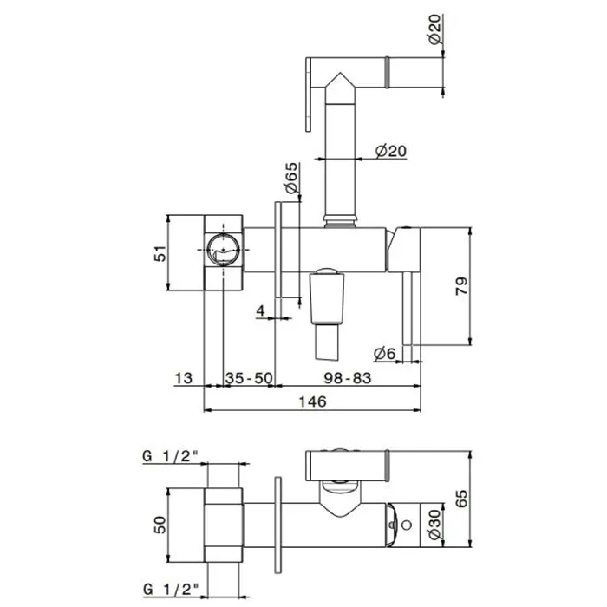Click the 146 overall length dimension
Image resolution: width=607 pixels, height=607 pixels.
(x=312, y=401)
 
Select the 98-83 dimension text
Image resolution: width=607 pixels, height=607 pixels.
(x=347, y=378)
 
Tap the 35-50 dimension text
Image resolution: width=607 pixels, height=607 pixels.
(x=249, y=378)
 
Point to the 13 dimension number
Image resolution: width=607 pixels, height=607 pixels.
(x=184, y=378)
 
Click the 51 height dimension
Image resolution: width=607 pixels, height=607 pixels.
(x=160, y=253)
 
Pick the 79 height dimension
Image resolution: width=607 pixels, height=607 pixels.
(x=461, y=286)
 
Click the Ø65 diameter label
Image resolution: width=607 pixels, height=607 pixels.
(x=291, y=178)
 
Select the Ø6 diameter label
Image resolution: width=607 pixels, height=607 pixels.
(x=384, y=353)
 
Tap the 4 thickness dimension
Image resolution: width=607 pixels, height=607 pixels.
(x=260, y=310)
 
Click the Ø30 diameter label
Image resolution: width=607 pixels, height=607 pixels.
(x=434, y=525)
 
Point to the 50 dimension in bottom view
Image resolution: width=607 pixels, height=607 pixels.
(x=160, y=525)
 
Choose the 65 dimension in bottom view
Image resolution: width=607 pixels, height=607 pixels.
(x=461, y=499)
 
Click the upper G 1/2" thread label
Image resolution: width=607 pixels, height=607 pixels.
(x=171, y=456)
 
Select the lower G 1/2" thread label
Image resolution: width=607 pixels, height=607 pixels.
(x=171, y=590)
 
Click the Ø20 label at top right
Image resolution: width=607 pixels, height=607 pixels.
(x=434, y=29)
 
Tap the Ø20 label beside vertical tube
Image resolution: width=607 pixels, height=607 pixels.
(x=391, y=151)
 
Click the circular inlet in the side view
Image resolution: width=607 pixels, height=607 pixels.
(x=224, y=250)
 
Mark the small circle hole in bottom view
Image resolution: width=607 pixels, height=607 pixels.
(x=407, y=525)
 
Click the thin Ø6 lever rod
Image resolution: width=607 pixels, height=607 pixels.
(x=408, y=308)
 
